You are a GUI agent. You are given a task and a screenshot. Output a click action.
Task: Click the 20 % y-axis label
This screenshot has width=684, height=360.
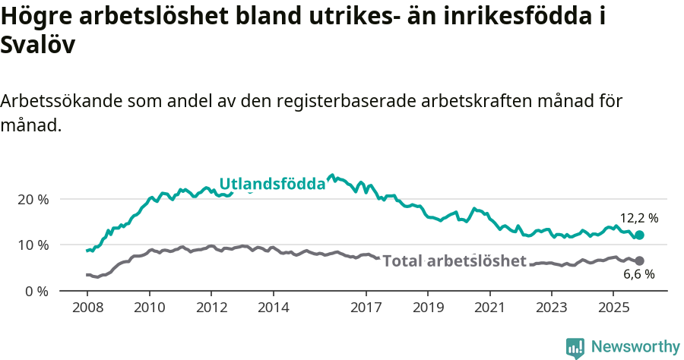click(x=33, y=199)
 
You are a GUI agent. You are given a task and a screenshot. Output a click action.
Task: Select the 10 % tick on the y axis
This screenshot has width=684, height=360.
click(x=33, y=245)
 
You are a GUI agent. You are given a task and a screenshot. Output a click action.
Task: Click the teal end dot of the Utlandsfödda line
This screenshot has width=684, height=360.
click(x=639, y=235)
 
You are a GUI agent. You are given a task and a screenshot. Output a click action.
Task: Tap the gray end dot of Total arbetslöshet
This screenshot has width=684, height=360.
click(x=639, y=261)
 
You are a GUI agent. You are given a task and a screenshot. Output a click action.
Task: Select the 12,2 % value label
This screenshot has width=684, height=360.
click(x=639, y=218)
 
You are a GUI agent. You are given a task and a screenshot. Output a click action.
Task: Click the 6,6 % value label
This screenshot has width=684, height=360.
click(x=639, y=275)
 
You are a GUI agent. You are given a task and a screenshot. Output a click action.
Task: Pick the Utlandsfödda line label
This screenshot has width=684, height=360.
click(x=272, y=184)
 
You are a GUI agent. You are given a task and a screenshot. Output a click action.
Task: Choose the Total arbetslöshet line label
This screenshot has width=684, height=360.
click(x=454, y=261)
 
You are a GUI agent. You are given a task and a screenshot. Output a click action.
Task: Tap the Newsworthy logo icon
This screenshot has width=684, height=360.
click(x=575, y=347)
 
